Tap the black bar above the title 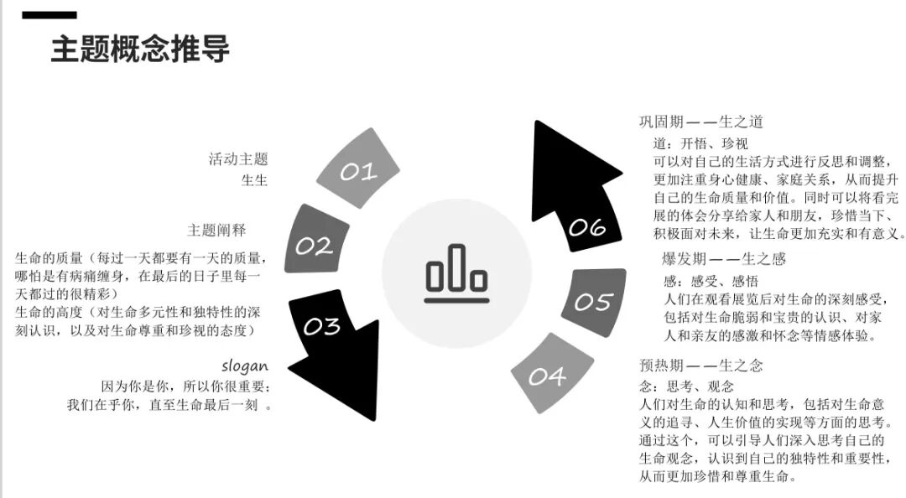click(x=49, y=15)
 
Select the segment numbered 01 click(x=359, y=170)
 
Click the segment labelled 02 click(x=315, y=242)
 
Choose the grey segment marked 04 click(x=547, y=375)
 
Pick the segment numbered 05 click(x=593, y=301)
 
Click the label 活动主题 click(x=238, y=158)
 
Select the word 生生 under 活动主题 click(x=254, y=179)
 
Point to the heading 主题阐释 click(x=216, y=230)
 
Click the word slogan click(x=245, y=366)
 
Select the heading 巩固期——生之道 click(x=701, y=122)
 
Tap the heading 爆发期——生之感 click(x=724, y=259)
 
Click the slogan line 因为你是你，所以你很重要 click(x=185, y=386)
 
